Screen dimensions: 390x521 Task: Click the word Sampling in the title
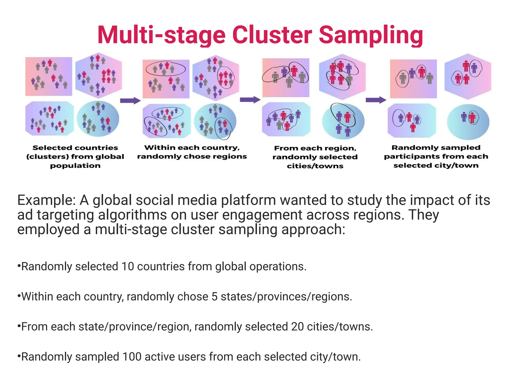point(371,36)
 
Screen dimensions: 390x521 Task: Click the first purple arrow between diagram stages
point(130,101)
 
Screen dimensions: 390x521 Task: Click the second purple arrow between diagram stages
point(250,100)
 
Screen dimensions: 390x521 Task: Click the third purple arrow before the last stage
point(376,100)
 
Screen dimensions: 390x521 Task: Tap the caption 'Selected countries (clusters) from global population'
point(75,157)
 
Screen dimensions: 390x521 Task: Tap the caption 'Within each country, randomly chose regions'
point(192,152)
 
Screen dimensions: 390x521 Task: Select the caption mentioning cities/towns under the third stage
point(315,157)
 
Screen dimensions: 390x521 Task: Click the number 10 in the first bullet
point(128,267)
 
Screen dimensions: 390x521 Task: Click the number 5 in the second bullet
point(214,297)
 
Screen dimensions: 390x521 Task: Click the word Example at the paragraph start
point(46,200)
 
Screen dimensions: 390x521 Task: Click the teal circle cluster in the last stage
point(468,122)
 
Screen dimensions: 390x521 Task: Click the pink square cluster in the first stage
point(49,76)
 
